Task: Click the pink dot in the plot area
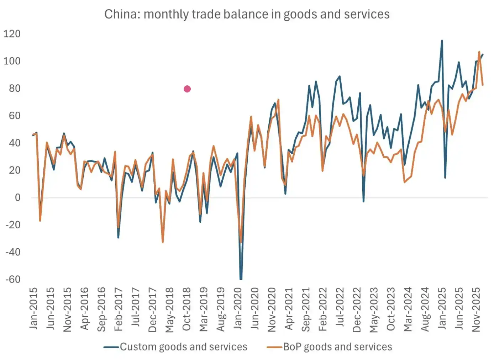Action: coord(187,89)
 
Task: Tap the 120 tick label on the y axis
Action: coord(12,34)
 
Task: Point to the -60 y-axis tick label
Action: coord(13,279)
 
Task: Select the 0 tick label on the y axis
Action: coord(17,197)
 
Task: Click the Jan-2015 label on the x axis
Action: coord(33,308)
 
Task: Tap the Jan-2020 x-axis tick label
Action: coord(238,308)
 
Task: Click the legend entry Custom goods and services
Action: coord(183,347)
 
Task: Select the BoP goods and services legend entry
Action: coord(337,347)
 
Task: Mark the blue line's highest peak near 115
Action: coord(442,41)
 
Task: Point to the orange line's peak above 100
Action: coord(479,52)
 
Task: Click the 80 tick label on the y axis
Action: coord(15,88)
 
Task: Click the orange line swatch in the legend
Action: coord(274,347)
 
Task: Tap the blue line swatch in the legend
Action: coord(111,347)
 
